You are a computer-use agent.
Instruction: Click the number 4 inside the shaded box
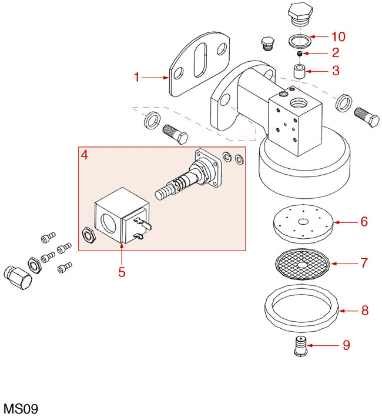(85, 155)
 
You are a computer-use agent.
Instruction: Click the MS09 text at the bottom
(21, 408)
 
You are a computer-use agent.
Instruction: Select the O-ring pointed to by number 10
(300, 41)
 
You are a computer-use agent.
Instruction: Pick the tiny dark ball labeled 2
(299, 54)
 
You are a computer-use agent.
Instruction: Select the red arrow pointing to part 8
(349, 309)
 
